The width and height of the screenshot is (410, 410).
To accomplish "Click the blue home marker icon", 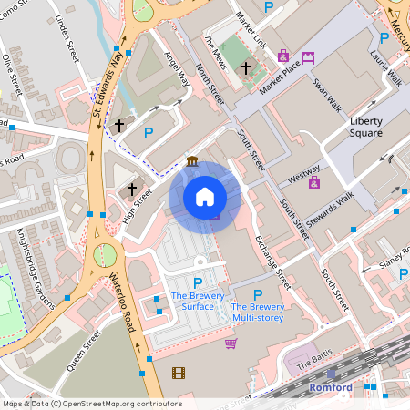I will click(x=205, y=197).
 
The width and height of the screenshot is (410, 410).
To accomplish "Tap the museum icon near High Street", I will click(x=192, y=162).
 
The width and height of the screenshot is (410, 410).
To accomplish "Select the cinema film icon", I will click(x=178, y=372).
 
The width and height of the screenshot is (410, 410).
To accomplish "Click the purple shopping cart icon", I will click(x=231, y=343).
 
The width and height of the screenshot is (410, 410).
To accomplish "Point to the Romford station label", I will click(x=329, y=387).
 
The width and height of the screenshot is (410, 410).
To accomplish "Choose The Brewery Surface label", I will click(x=192, y=301).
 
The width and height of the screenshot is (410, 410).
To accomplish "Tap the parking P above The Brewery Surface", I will click(x=198, y=283).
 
